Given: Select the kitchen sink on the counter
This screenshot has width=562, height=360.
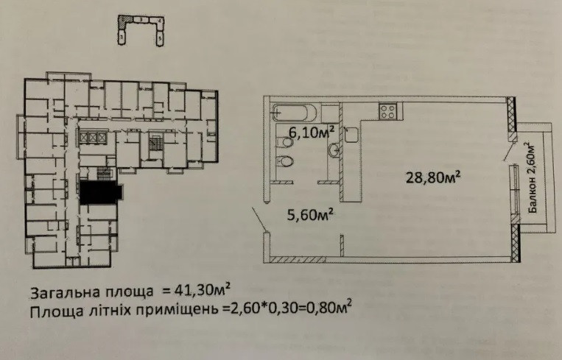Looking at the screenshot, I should (351, 134).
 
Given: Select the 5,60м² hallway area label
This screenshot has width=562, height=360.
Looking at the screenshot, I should (309, 214).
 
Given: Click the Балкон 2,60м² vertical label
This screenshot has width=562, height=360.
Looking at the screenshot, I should (532, 177).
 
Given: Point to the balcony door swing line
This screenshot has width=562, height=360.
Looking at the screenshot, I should (506, 150).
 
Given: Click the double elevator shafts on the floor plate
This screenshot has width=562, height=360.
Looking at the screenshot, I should (94, 138).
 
